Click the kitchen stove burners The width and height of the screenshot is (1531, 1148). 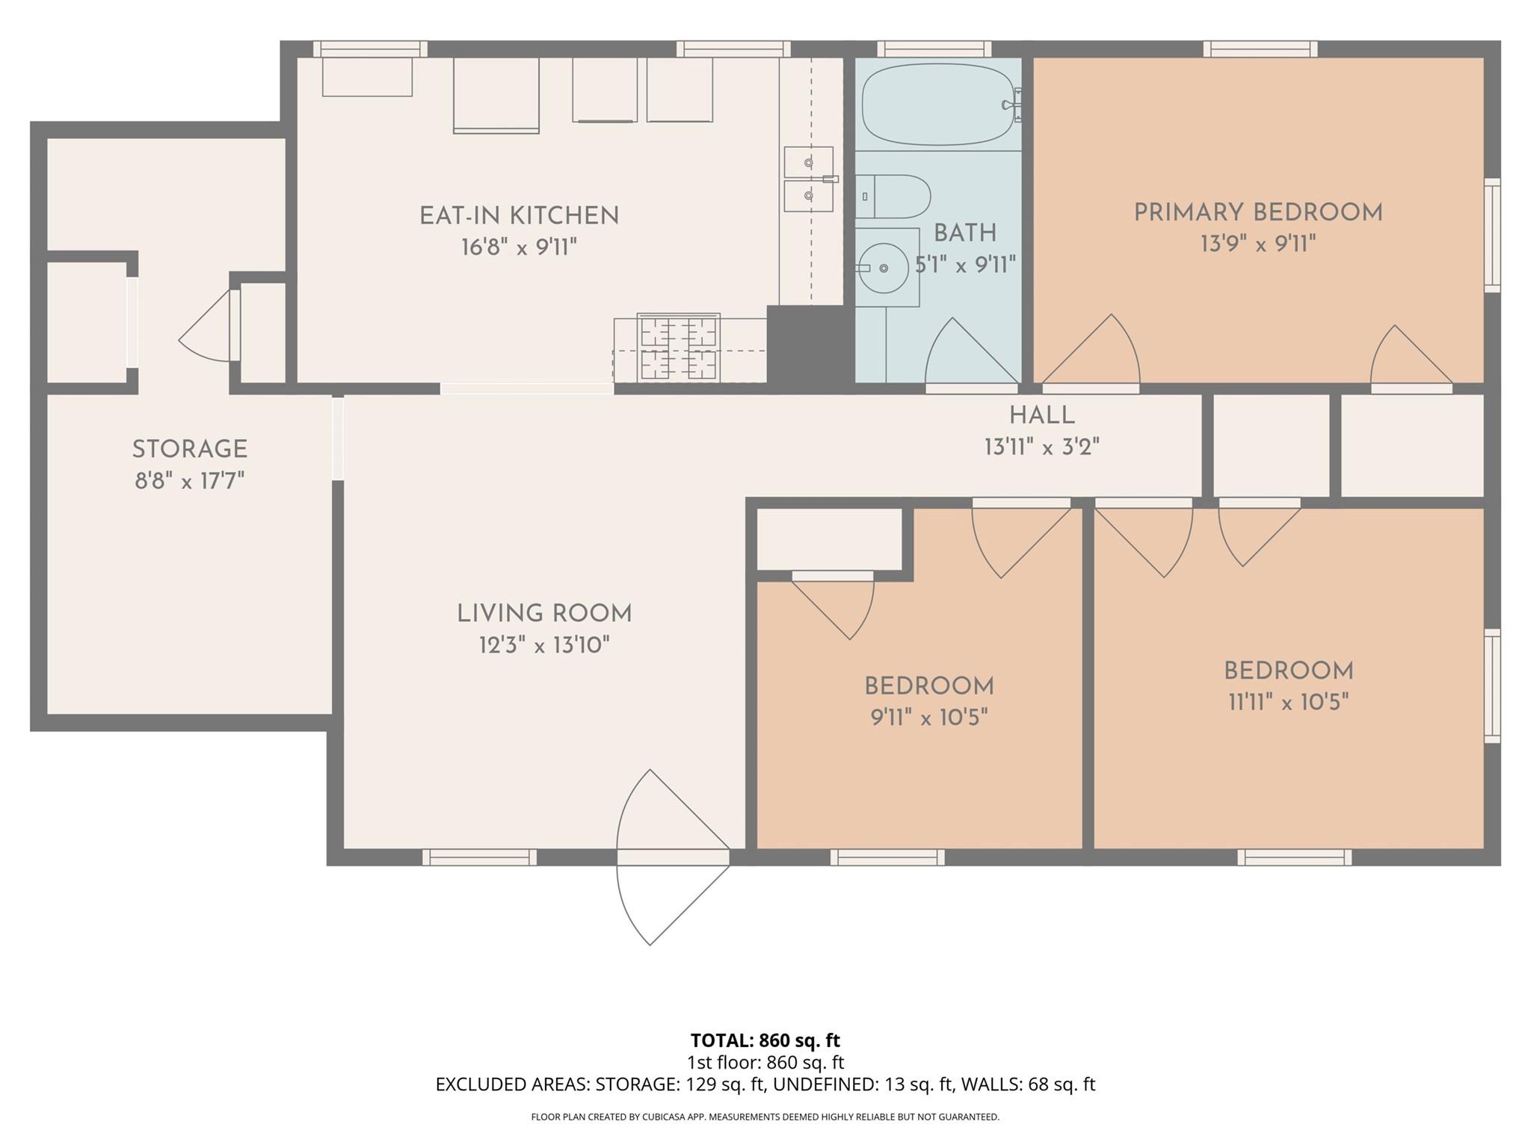pyautogui.click(x=679, y=348)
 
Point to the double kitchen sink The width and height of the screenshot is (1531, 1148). pyautogui.click(x=808, y=179)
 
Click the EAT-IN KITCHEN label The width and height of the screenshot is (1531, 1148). pyautogui.click(x=519, y=216)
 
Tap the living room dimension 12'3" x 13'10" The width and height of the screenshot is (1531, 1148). pyautogui.click(x=544, y=645)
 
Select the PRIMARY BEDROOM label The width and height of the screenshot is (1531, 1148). pyautogui.click(x=1258, y=213)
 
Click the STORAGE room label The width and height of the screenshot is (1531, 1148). pyautogui.click(x=190, y=449)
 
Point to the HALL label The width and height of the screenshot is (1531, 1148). pyautogui.click(x=1041, y=416)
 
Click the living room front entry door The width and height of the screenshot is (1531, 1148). pyautogui.click(x=673, y=857)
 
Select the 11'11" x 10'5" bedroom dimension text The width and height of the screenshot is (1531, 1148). pyautogui.click(x=1288, y=703)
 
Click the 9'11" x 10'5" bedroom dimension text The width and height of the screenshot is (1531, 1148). pyautogui.click(x=928, y=717)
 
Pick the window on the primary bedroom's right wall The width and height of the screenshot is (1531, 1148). pyautogui.click(x=1491, y=235)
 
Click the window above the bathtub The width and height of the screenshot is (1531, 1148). pyautogui.click(x=934, y=49)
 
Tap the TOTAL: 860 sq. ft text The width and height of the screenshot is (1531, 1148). pyautogui.click(x=765, y=1040)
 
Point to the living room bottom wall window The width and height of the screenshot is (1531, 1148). pyautogui.click(x=479, y=857)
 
